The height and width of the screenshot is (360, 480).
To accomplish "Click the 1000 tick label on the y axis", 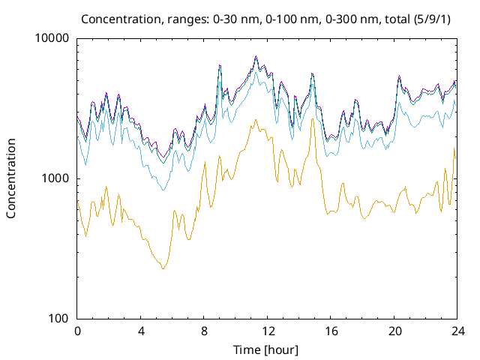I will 56,178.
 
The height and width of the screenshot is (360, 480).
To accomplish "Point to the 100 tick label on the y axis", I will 59,319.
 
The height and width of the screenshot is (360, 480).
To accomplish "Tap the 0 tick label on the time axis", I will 77,331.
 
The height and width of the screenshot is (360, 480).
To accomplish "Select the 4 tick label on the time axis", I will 140,331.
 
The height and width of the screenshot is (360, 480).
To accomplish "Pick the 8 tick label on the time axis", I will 204,331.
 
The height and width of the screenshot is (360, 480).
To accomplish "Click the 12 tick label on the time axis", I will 267,331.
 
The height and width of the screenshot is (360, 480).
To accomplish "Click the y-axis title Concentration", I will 11,178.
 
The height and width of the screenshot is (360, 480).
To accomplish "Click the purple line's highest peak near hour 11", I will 256,56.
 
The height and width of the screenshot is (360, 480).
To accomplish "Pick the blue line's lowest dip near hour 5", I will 163,190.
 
